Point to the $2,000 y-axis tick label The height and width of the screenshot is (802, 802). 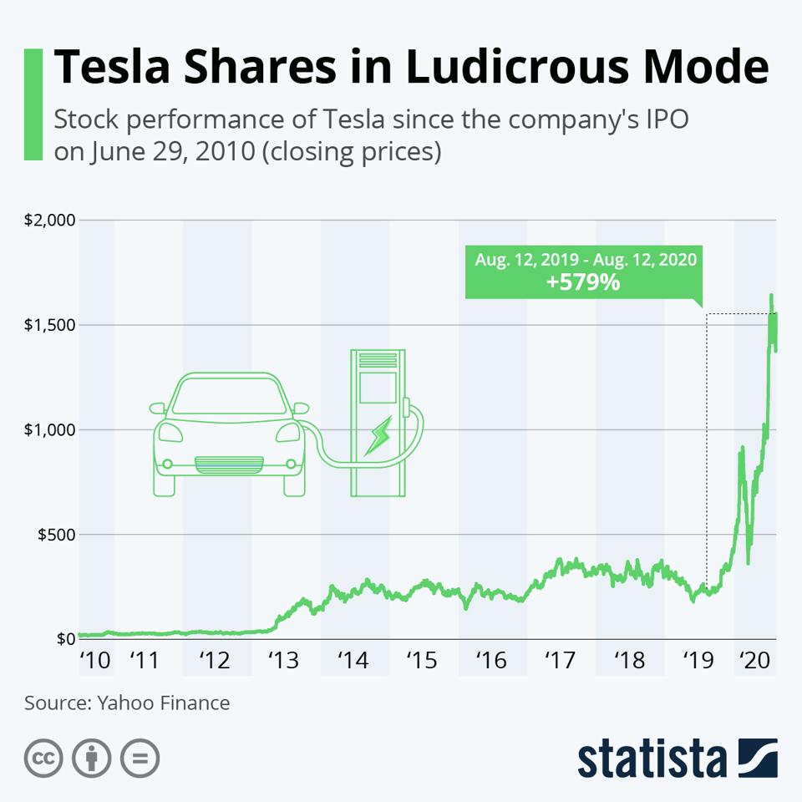(x=49, y=221)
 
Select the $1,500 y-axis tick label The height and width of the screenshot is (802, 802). (x=49, y=325)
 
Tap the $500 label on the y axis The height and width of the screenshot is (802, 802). (x=55, y=534)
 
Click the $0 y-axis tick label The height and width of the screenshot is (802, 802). (x=64, y=639)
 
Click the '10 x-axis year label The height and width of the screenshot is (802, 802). (x=94, y=661)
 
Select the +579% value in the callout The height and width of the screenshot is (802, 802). (x=582, y=282)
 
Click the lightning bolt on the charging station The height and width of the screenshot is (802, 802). (x=379, y=437)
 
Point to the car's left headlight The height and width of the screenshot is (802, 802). (x=170, y=433)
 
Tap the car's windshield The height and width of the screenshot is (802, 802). (x=228, y=398)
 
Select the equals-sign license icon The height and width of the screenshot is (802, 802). (x=140, y=759)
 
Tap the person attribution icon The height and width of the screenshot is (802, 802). (x=92, y=759)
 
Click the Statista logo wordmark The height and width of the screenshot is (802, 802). (x=652, y=758)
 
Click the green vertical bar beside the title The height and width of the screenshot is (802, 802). (x=33, y=104)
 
